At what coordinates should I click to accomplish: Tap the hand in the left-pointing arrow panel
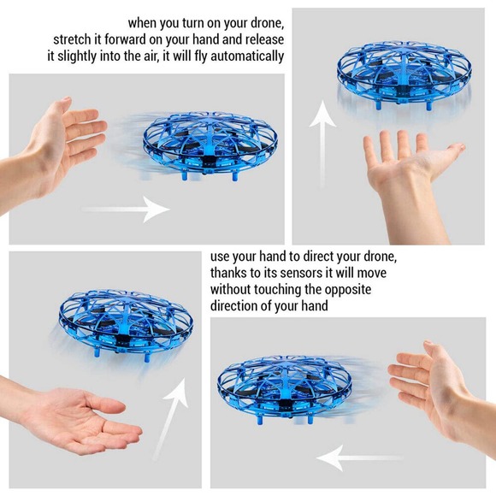436,385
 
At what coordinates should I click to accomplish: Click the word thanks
232,274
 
